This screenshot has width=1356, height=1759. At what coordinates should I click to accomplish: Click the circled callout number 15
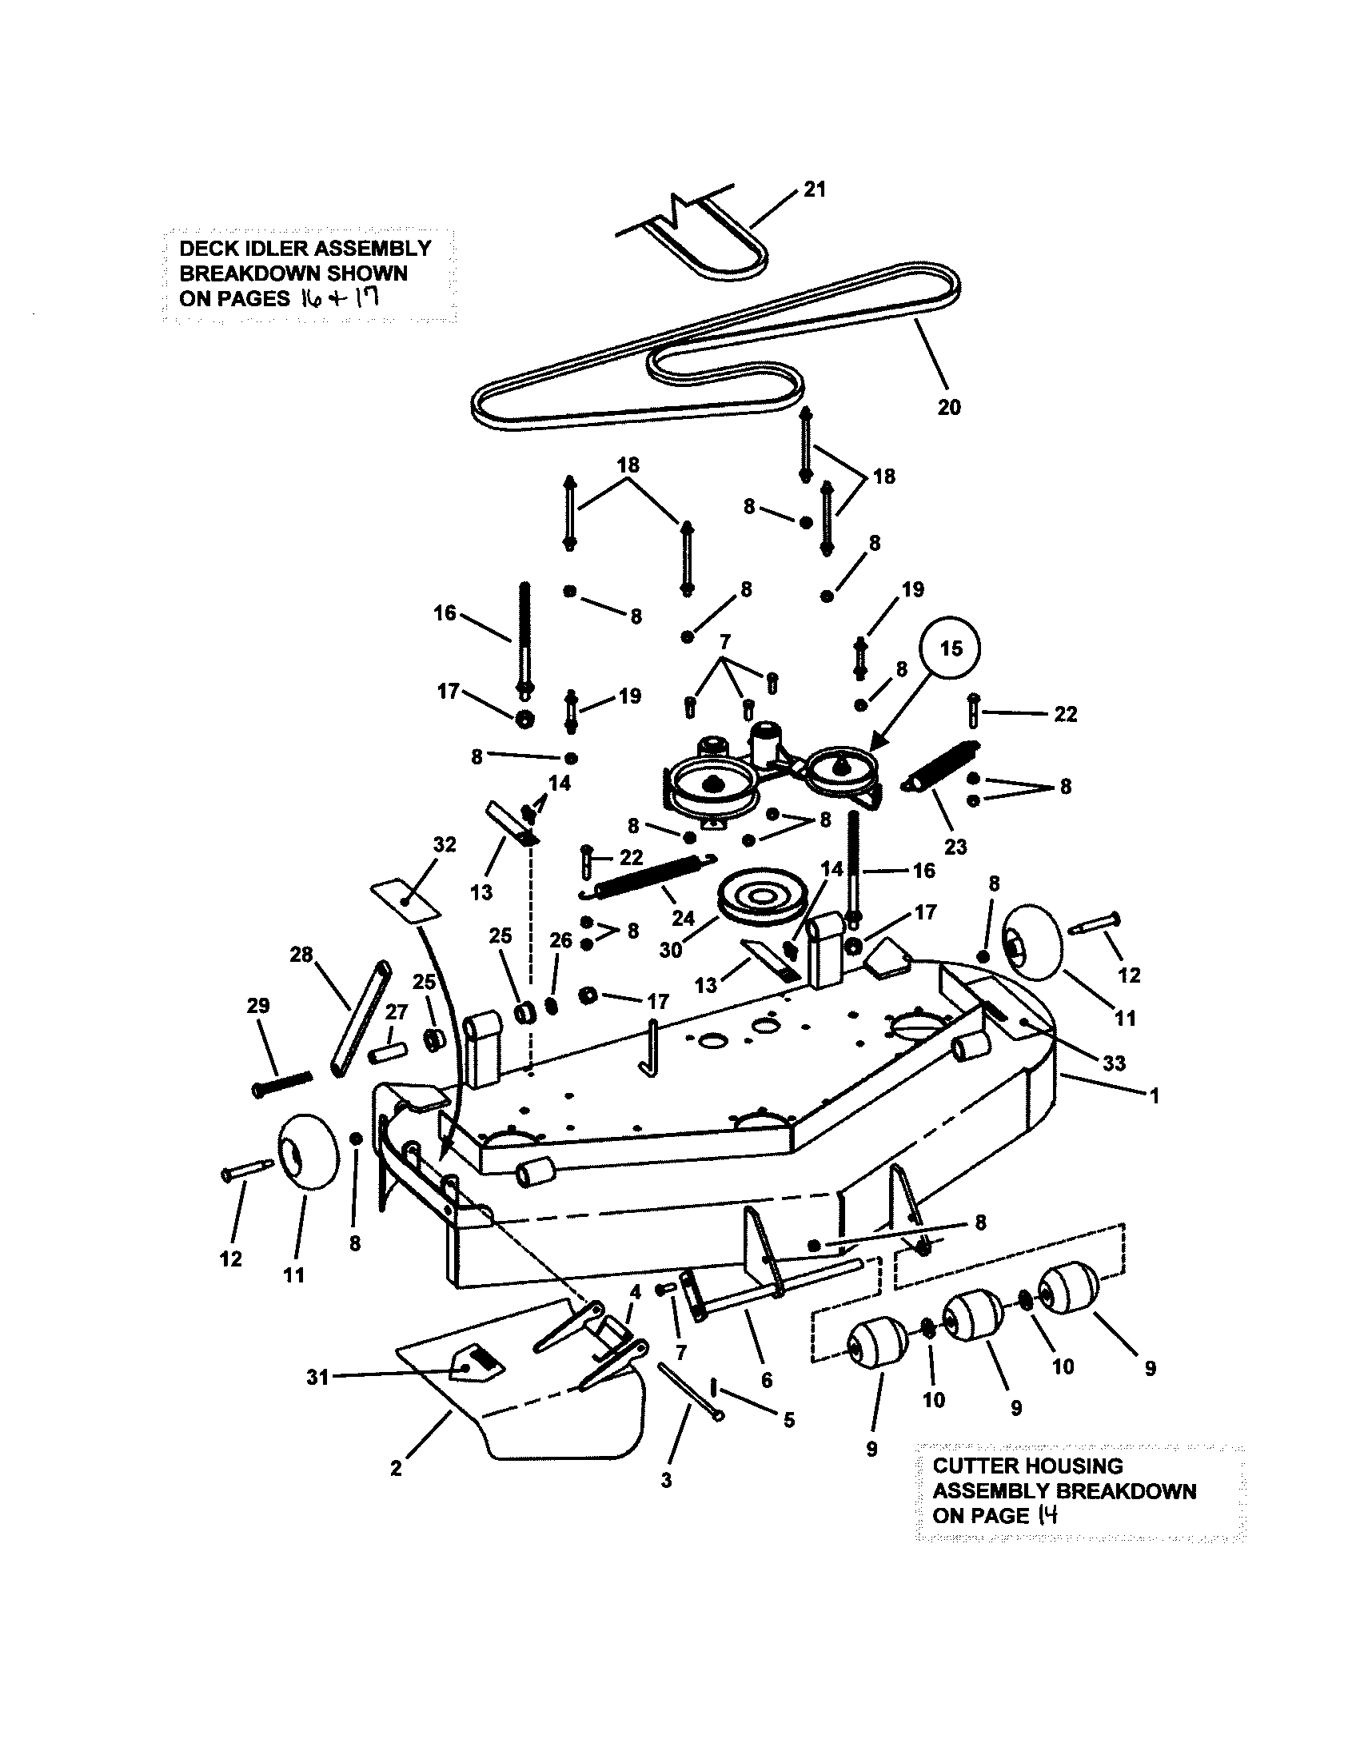(x=951, y=648)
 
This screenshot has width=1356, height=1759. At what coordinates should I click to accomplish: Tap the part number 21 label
(x=815, y=189)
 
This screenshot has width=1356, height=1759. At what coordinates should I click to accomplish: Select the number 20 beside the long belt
(x=949, y=408)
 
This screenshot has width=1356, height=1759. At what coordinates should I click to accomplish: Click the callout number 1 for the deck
(x=1154, y=1095)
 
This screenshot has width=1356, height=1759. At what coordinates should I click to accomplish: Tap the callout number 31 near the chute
(x=318, y=1378)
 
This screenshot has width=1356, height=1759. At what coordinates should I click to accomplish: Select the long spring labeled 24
(x=654, y=875)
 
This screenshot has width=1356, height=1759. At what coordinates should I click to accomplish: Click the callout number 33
(x=1114, y=1063)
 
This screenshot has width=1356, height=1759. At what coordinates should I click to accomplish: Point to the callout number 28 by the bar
(x=301, y=955)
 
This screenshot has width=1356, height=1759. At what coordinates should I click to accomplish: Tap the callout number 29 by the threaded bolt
(x=258, y=1006)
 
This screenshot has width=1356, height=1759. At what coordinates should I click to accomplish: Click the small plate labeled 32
(x=406, y=899)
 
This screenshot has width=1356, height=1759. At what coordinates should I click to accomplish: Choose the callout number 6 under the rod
(x=766, y=1381)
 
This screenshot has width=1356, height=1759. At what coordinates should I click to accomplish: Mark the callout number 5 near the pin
(x=788, y=1420)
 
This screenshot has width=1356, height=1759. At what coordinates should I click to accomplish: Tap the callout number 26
(x=560, y=941)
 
